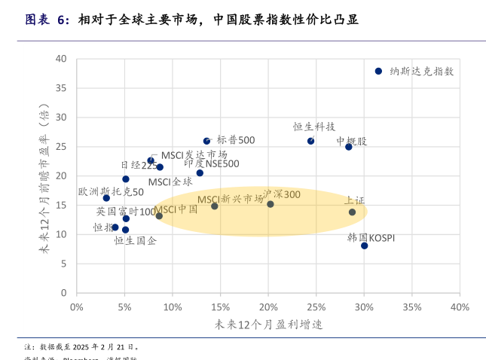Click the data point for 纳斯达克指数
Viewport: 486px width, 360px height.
coord(378,71)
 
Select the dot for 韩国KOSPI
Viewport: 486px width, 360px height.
coord(364,246)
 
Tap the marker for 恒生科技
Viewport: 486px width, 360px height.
coord(310,141)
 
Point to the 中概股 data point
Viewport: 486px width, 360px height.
coord(349,147)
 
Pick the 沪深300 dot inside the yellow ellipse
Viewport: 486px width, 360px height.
coord(271,204)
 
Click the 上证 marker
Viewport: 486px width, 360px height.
coord(352,212)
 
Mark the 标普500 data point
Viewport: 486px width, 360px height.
coord(207,141)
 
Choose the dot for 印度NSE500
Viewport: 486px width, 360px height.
coord(200,173)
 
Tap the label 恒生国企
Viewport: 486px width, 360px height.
coord(136,241)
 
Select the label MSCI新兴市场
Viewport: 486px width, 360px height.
coord(231,199)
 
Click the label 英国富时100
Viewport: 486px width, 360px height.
coord(126,212)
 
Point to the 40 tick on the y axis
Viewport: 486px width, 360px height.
coord(61,59)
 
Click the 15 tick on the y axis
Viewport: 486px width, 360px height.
coord(61,205)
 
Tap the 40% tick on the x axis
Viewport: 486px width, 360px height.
coord(460,307)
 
